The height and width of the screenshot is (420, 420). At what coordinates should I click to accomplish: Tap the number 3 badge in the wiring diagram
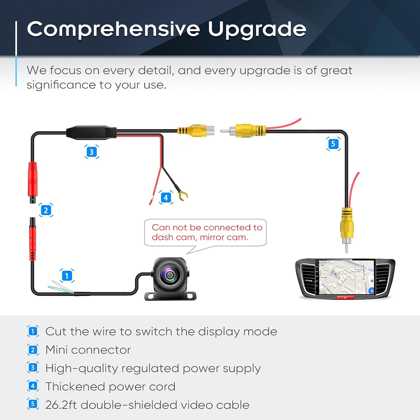tap(92, 152)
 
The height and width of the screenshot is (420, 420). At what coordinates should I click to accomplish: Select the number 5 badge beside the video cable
tap(333, 144)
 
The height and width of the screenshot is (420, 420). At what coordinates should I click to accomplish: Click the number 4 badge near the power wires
tap(166, 197)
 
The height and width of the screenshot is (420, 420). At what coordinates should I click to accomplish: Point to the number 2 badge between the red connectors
tap(46, 210)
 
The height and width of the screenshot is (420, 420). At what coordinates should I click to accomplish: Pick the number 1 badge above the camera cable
tap(67, 276)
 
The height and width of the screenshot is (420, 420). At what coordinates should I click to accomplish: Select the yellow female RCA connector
tap(196, 130)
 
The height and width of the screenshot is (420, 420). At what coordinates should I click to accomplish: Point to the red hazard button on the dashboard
tap(345, 297)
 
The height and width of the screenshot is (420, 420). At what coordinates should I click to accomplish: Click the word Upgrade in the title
tap(257, 29)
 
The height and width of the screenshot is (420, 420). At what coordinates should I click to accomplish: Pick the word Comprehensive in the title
tap(113, 29)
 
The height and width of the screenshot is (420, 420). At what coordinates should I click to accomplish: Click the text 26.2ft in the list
tap(61, 405)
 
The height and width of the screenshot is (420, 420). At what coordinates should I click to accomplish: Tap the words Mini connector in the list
tap(88, 350)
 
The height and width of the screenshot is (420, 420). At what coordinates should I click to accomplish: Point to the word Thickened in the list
tap(75, 387)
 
